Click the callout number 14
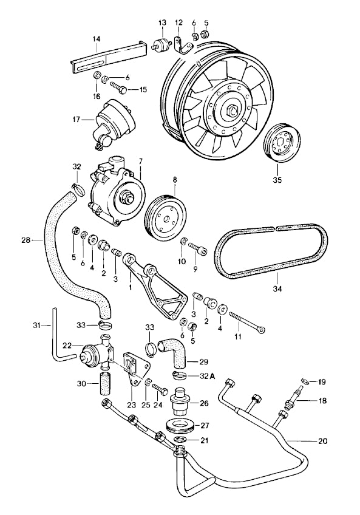[x=95, y=39]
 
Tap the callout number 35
[x=276, y=180]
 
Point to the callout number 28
[x=25, y=240]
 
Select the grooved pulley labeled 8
[x=165, y=216]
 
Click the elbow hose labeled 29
[x=176, y=353]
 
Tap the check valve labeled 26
[x=180, y=401]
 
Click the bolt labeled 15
[x=121, y=90]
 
